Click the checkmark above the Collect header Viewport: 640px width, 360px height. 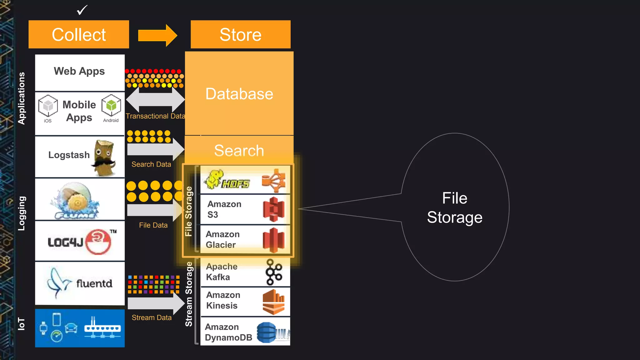(x=82, y=10)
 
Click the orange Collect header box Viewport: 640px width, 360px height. (x=79, y=34)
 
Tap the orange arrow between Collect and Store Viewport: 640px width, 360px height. (x=157, y=35)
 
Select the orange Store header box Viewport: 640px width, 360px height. (x=240, y=34)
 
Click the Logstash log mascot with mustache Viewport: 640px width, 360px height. (x=104, y=158)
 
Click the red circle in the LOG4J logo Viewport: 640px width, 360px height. (x=98, y=242)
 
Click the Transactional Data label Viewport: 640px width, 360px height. (x=155, y=116)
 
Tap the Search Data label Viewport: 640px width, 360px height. (x=151, y=164)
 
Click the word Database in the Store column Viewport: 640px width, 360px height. (x=239, y=94)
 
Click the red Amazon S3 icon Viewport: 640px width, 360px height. (x=273, y=209)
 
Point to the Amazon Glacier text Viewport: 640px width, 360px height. (x=222, y=239)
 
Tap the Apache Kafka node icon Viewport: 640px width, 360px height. (x=274, y=272)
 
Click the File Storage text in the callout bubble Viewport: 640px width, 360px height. (x=455, y=208)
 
